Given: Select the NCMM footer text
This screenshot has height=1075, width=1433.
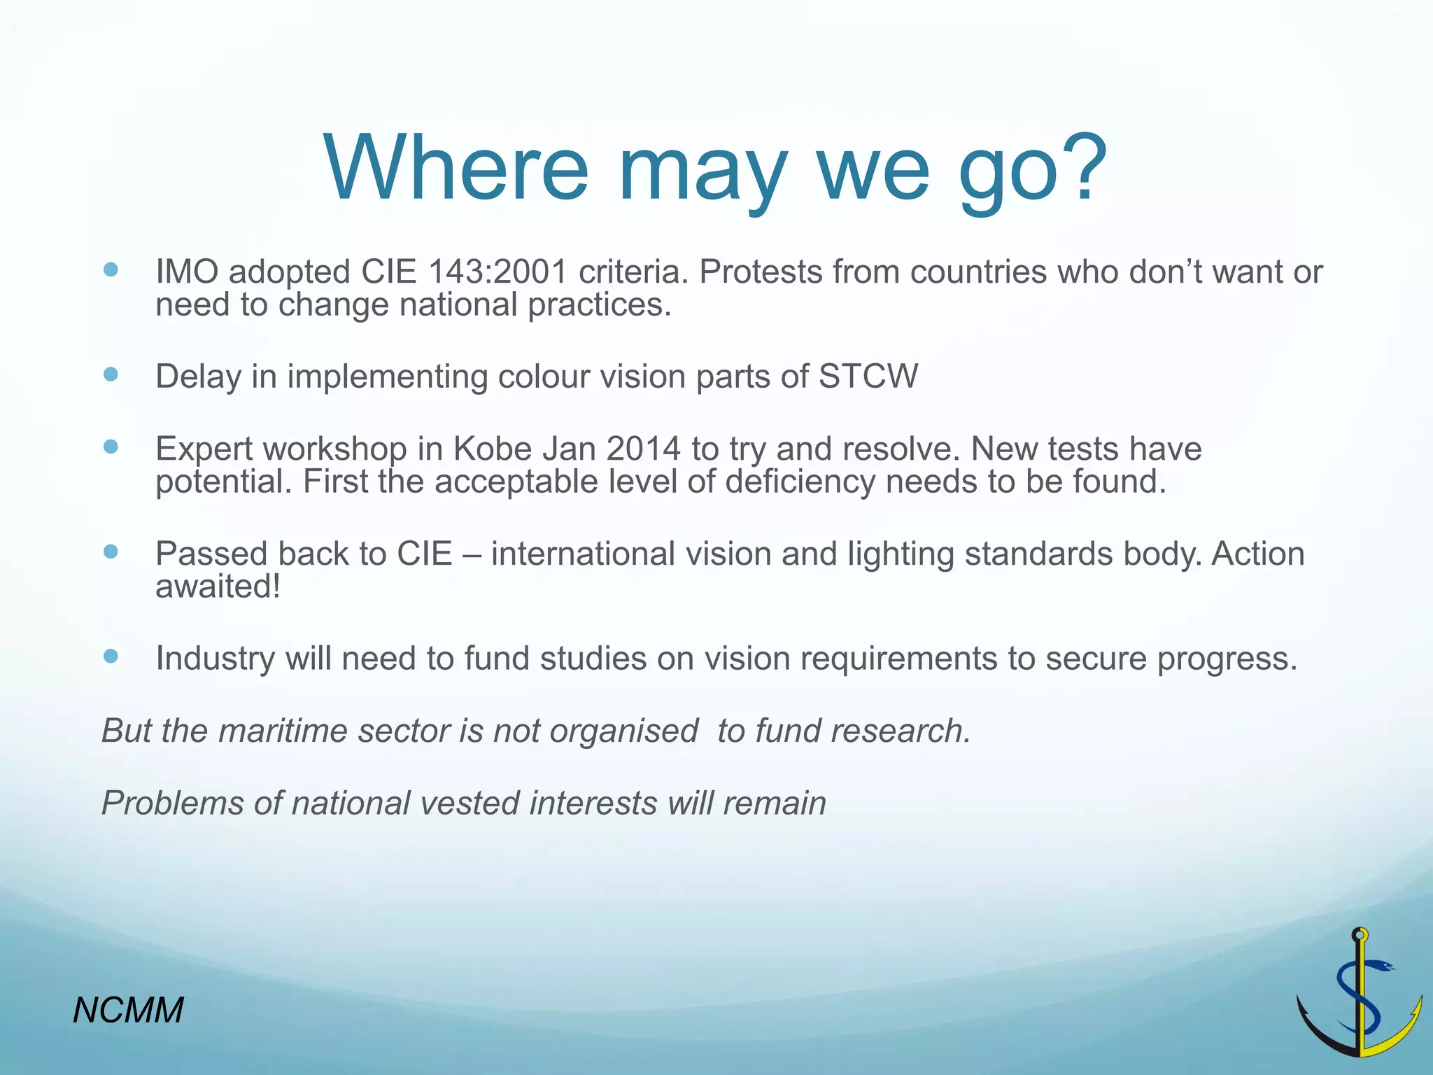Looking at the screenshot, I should pos(128,1011).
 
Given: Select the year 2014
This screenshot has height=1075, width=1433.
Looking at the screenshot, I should pos(643,449).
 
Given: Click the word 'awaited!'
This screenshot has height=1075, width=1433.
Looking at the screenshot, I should pos(218,586).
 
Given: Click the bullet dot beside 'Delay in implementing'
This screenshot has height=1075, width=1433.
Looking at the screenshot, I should pos(111,374).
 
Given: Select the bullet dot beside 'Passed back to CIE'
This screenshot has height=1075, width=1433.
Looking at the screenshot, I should pos(111,551).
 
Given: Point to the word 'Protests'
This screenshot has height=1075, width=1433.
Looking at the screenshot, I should pos(760,272).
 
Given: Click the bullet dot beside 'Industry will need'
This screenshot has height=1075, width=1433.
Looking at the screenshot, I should pos(111,656).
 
